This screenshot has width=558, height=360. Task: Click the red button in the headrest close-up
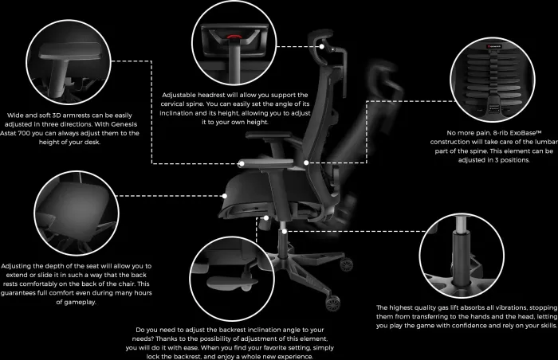point(233,37)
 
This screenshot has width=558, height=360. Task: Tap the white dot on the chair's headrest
point(322,46)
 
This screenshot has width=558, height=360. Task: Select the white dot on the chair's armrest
point(242,163)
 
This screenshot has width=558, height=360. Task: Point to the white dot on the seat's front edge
point(225,196)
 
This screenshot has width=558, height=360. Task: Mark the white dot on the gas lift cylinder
point(284,232)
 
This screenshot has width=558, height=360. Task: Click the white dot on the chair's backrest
point(306,162)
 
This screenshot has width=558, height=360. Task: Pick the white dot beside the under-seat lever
point(265,217)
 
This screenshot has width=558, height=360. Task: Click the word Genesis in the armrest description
point(124,124)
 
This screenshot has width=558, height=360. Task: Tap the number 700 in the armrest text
point(24,133)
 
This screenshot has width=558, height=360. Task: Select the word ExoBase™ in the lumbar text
point(525,133)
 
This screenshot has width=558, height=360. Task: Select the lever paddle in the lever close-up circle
point(232,283)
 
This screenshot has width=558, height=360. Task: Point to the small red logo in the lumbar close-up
point(494,46)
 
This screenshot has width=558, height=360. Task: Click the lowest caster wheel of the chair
point(332,303)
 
